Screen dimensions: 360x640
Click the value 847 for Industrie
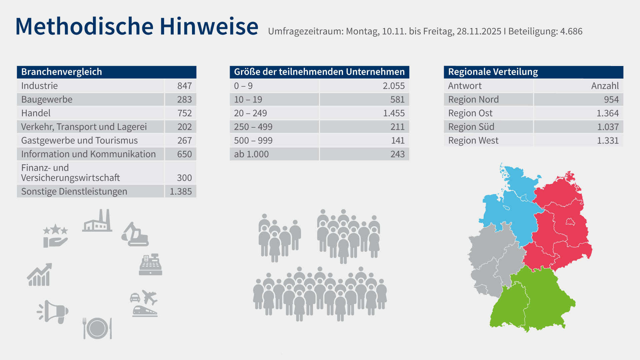[x=184, y=86]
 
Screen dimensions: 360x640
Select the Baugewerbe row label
[x=47, y=100]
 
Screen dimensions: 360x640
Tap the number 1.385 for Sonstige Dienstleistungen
[x=181, y=192]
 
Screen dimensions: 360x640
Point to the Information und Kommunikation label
[x=88, y=154]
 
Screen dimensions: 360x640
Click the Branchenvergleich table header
[x=62, y=72]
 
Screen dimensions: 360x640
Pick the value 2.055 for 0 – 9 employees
[x=393, y=86]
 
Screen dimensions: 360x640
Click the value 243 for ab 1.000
[x=397, y=154]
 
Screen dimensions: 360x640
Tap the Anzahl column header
[x=605, y=86]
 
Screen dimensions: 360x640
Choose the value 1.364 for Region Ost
[x=607, y=113]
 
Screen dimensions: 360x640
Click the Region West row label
[x=473, y=141]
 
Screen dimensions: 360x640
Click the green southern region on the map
[x=533, y=300]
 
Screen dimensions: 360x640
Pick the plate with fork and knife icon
[x=97, y=328]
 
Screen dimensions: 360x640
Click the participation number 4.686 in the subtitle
[x=571, y=31]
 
